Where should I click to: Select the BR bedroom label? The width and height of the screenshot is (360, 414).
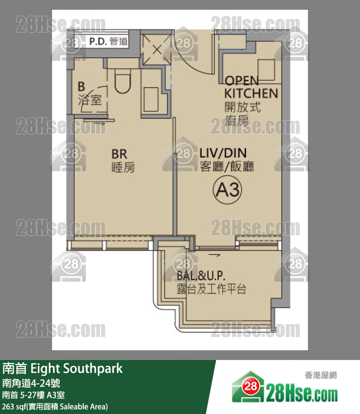(x=119, y=154)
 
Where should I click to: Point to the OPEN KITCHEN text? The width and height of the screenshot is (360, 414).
(x=251, y=87)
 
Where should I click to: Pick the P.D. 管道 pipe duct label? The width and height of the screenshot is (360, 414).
(x=108, y=41)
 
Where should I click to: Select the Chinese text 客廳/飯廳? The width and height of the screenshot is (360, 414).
(x=227, y=167)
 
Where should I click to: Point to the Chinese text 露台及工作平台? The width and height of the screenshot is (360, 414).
(x=212, y=289)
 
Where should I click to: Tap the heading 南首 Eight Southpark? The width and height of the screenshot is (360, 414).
(x=63, y=368)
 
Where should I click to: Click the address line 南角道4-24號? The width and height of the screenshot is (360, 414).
(x=32, y=382)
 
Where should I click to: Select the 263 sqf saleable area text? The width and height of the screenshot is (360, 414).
(x=55, y=406)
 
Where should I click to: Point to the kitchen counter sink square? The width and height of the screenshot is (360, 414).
(x=266, y=67)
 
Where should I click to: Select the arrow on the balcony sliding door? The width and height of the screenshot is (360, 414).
(x=213, y=254)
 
